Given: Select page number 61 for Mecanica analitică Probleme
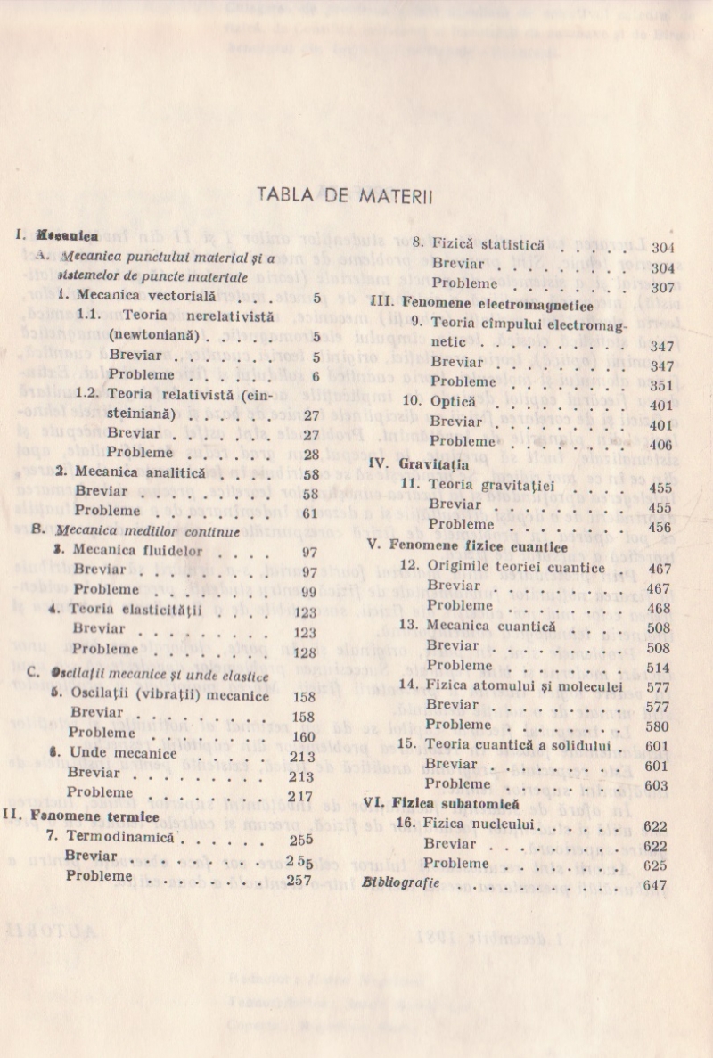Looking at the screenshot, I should [310, 513].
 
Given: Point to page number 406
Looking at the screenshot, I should [661, 444].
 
